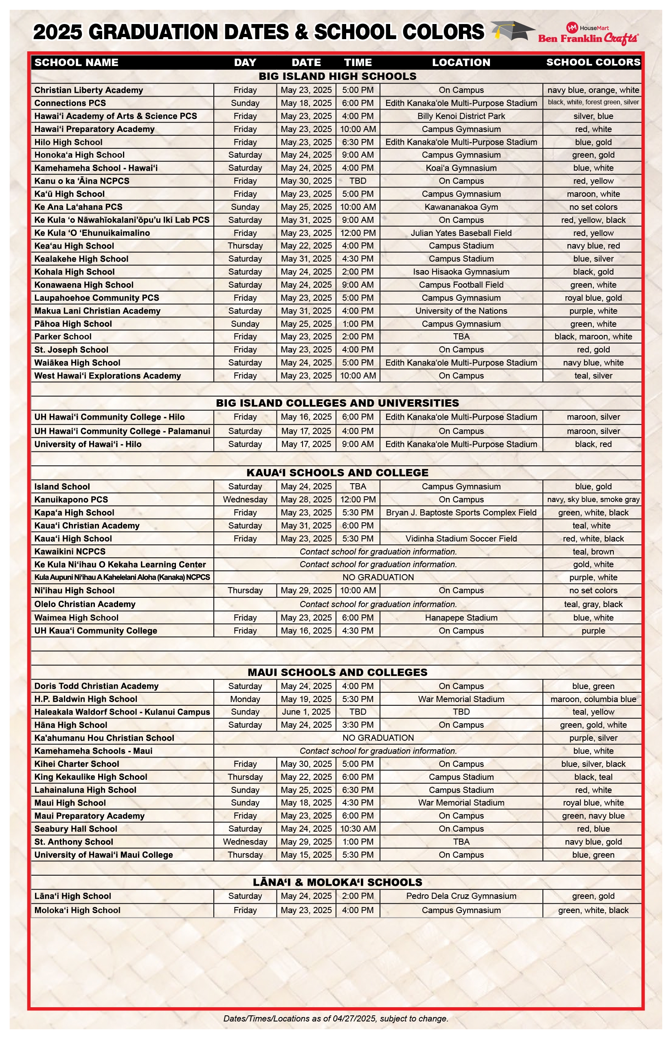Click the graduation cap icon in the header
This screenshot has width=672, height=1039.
click(512, 31)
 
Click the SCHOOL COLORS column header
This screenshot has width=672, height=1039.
click(593, 62)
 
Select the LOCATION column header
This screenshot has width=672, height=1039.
click(461, 62)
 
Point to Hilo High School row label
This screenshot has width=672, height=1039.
click(68, 142)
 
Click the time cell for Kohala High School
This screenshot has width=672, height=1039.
click(358, 272)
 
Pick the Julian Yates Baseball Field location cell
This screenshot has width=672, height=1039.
click(461, 233)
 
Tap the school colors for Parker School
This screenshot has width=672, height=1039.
click(593, 337)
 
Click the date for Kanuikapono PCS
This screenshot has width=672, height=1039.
click(306, 500)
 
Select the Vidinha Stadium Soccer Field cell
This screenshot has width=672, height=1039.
click(461, 539)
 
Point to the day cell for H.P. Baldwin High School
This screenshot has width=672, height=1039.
click(245, 699)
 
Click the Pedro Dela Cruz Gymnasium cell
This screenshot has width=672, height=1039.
click(461, 896)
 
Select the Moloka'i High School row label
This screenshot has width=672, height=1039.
click(77, 910)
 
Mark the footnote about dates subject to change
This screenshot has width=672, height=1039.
click(336, 1019)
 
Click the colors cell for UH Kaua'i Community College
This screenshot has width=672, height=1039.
click(593, 631)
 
